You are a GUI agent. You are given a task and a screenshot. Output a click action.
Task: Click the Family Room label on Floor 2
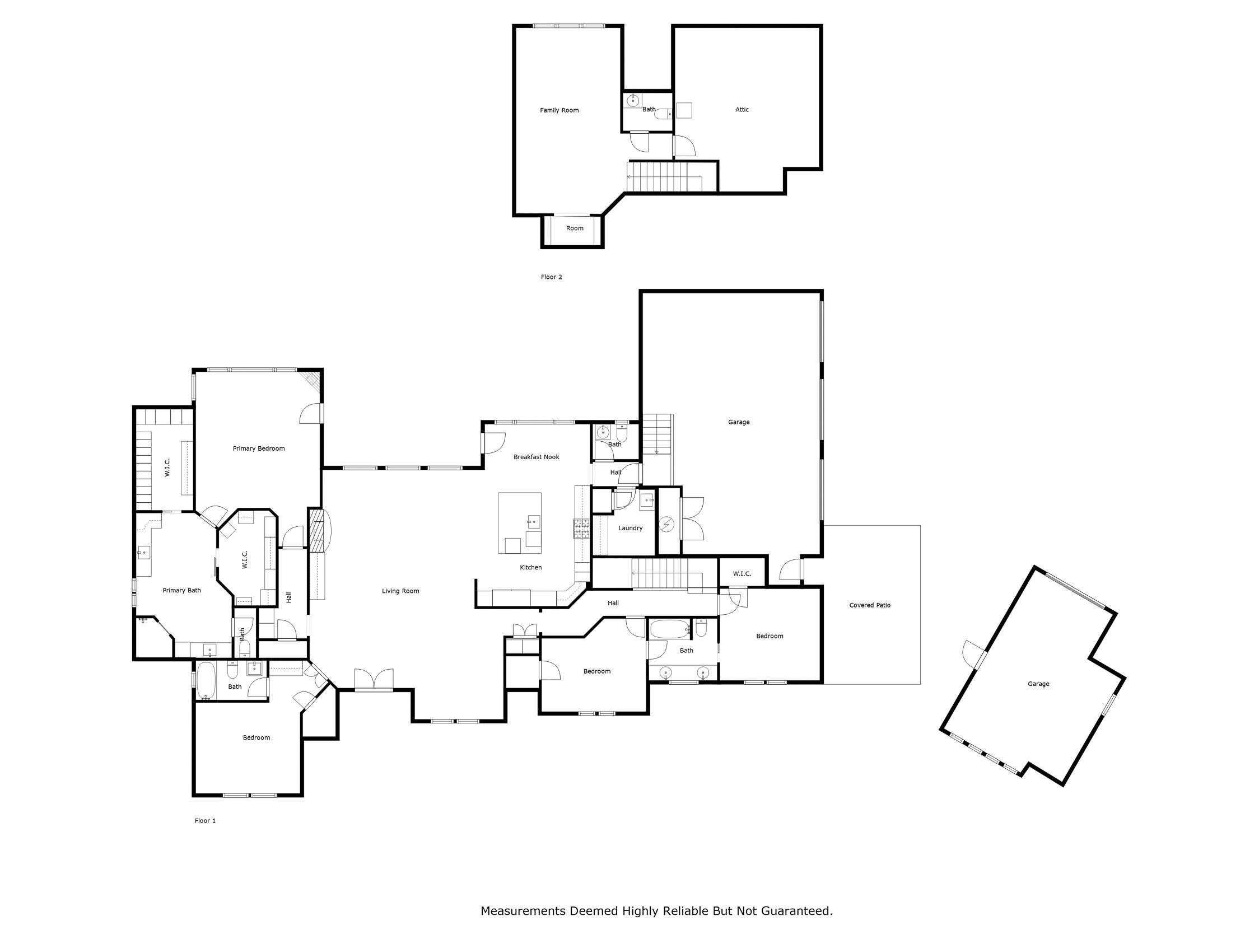point(559,110)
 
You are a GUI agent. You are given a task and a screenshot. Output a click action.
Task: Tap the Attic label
point(742,110)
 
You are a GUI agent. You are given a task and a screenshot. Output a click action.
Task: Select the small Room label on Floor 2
point(574,228)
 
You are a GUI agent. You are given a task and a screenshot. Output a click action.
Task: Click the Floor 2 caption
point(551,277)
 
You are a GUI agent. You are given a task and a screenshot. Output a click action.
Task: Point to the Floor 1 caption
point(205,820)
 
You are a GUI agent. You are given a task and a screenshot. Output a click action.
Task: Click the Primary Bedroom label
point(258,448)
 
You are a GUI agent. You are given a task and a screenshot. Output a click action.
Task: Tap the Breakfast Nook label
point(536,457)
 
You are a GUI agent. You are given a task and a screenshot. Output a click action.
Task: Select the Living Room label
point(400,591)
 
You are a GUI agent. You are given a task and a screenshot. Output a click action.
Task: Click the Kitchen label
point(530,567)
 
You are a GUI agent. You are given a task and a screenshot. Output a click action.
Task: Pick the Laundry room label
point(630,528)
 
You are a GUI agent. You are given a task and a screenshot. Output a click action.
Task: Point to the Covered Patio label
point(869,605)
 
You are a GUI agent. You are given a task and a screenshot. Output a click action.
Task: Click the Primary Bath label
point(181,591)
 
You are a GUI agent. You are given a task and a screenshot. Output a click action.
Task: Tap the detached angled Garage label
point(1038,684)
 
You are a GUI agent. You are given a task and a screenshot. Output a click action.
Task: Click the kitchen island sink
point(533,521)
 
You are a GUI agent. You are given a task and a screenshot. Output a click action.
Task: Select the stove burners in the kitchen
point(581,529)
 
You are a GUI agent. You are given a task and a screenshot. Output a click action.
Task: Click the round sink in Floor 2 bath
point(633,101)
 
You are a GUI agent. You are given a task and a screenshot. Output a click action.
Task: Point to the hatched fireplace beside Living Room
point(316,530)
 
